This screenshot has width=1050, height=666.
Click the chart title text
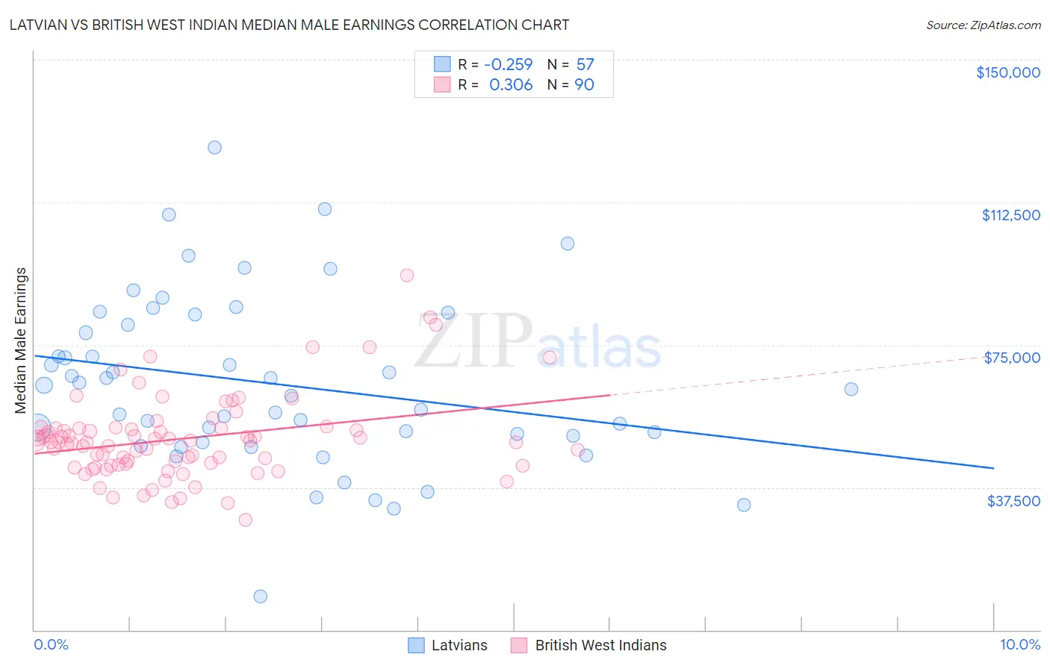coord(290,25)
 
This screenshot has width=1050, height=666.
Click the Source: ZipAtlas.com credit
coord(983,25)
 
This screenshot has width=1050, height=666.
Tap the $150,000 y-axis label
coord(1007,72)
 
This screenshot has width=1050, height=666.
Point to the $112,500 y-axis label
coord(1010,215)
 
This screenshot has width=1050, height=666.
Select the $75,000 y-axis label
coord(1012,358)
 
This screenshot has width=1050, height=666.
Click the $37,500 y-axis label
coord(1013,500)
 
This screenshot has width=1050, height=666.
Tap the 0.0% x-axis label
coord(51,644)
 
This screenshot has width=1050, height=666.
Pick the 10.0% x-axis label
coord(1019,644)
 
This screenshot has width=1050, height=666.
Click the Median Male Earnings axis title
coord(21,340)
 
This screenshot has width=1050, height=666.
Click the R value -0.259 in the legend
coord(509,64)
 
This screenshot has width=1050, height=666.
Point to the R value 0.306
coord(511,84)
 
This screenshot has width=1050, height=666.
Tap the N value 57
coord(585,64)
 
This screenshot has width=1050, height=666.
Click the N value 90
coord(584,84)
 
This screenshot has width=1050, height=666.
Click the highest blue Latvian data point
coord(214,147)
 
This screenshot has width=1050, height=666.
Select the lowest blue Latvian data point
coord(260,596)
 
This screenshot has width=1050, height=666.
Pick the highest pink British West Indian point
coord(406,275)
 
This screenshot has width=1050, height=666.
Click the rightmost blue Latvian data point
coord(851,389)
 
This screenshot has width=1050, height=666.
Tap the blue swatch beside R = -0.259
coord(442,64)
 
